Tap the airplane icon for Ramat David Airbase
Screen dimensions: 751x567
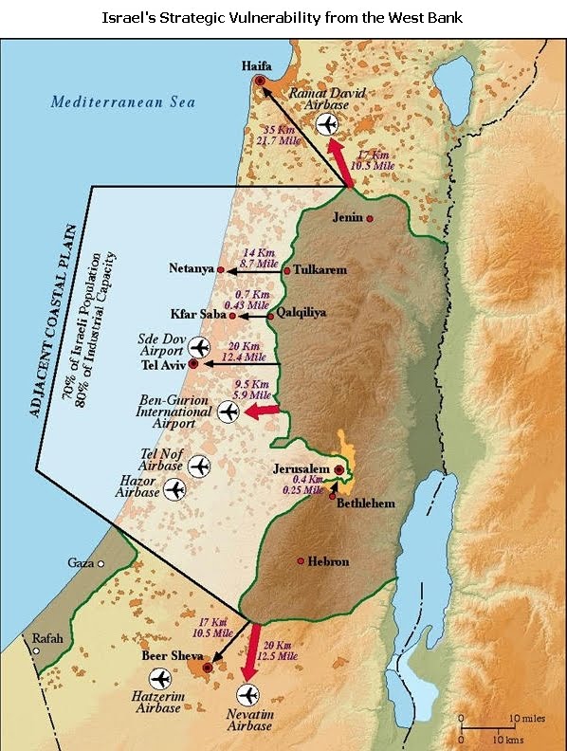click(x=327, y=124)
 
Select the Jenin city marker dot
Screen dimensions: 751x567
click(x=370, y=218)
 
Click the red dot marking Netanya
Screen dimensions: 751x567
click(x=221, y=270)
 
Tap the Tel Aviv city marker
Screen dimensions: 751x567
click(x=193, y=363)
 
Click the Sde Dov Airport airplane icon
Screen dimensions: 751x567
click(x=197, y=346)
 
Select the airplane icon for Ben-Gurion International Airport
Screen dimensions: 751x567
click(x=228, y=412)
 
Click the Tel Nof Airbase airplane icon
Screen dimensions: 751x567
click(x=198, y=467)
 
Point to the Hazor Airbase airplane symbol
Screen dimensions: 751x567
click(x=174, y=489)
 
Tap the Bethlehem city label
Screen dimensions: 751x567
click(x=366, y=504)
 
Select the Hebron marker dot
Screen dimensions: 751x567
click(x=301, y=561)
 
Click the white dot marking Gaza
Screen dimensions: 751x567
click(x=101, y=563)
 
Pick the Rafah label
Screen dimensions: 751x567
click(x=47, y=638)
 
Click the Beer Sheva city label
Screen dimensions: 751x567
click(x=170, y=655)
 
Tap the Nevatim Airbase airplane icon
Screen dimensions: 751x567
click(x=249, y=694)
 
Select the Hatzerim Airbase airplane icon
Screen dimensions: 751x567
click(x=159, y=679)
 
